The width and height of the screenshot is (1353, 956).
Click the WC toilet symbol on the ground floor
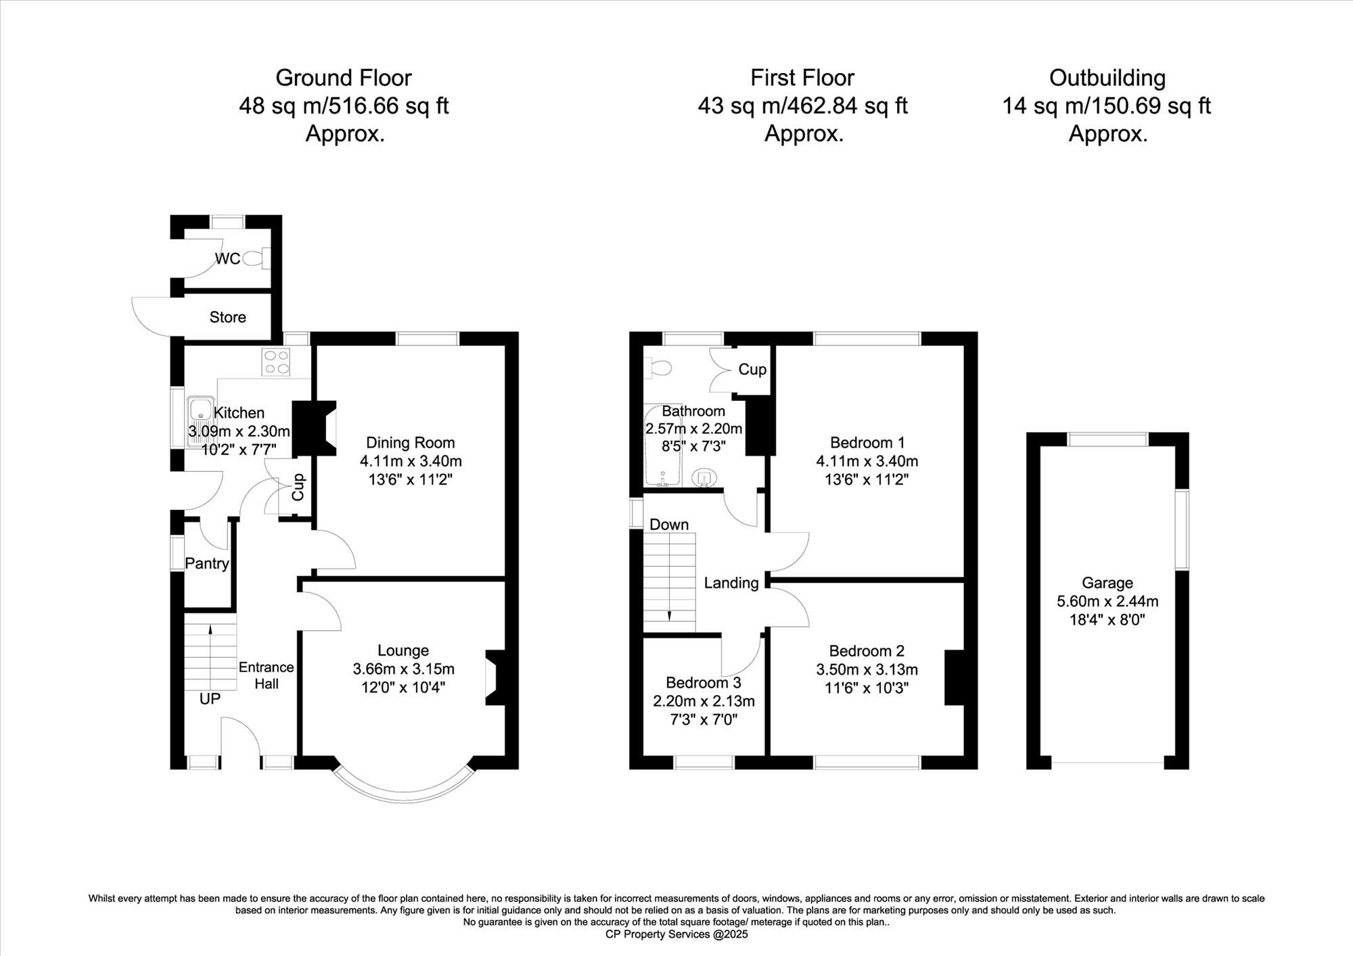[x=256, y=258]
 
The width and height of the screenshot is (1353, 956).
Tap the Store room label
[x=227, y=317]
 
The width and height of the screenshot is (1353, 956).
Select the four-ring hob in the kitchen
[x=276, y=362]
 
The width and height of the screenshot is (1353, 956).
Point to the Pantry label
[x=207, y=563]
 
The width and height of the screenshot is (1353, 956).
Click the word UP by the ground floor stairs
[x=210, y=698]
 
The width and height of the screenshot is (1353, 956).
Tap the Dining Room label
[x=410, y=443]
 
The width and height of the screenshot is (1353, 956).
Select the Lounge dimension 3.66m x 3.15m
[x=403, y=669]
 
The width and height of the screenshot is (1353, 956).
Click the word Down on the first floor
[x=669, y=525]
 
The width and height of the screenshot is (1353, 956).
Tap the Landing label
[x=731, y=583]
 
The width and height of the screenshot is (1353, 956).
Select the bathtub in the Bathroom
[x=662, y=446]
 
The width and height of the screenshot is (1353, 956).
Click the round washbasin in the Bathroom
[x=704, y=477]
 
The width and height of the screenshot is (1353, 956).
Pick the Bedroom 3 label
[x=704, y=683]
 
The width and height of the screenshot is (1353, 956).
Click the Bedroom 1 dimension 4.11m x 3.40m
[x=867, y=461]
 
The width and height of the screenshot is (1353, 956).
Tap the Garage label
[x=1107, y=583]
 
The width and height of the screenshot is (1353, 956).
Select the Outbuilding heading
[x=1107, y=78]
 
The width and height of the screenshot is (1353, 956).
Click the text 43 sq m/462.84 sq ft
[x=803, y=106]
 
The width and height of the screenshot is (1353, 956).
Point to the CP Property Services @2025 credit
[x=676, y=934]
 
